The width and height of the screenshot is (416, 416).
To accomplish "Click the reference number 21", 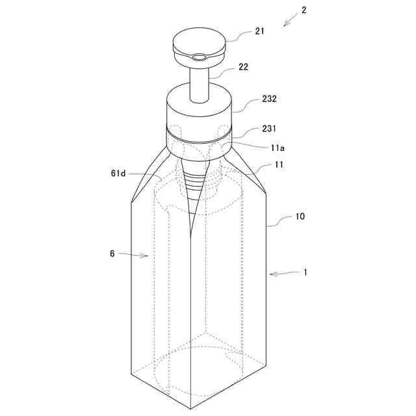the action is [260, 31].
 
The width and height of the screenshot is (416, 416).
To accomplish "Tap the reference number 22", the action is [243, 67].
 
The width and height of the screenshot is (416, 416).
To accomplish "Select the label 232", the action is [269, 99].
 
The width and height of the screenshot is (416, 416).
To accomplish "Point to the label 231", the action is [269, 129].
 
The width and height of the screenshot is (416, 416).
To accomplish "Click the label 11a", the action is [278, 148].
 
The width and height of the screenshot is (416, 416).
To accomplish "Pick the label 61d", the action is [118, 174].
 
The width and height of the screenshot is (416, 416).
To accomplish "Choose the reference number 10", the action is [300, 216].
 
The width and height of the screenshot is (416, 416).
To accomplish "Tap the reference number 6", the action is [112, 253].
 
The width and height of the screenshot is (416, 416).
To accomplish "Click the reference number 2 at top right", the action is [304, 10].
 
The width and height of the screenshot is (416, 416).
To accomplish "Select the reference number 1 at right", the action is [305, 272].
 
